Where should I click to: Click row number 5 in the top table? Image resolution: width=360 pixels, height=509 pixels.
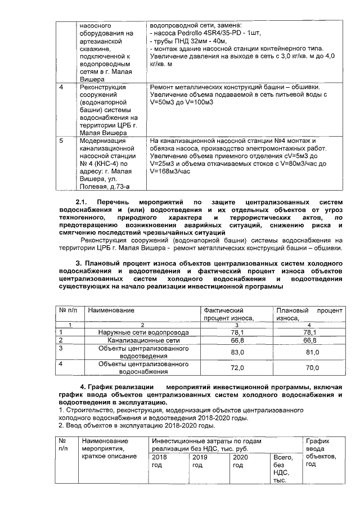point(61,141)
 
